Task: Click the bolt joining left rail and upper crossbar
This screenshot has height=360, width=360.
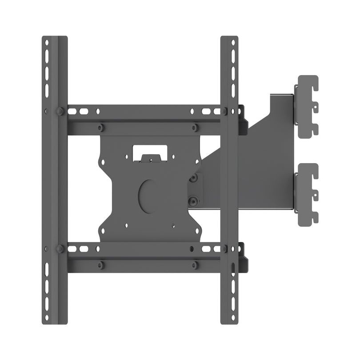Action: (x=59, y=111)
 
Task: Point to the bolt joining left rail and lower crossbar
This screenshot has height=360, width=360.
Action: (x=59, y=248)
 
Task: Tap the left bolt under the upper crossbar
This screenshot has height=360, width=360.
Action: (x=101, y=127)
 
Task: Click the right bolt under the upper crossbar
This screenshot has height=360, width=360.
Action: (x=195, y=128)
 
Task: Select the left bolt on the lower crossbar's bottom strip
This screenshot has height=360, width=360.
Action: (x=101, y=265)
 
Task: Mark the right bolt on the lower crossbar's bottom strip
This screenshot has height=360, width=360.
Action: (x=195, y=265)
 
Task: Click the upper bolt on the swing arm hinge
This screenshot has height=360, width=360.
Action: (x=193, y=177)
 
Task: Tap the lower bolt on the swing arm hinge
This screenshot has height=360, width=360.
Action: (x=193, y=201)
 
